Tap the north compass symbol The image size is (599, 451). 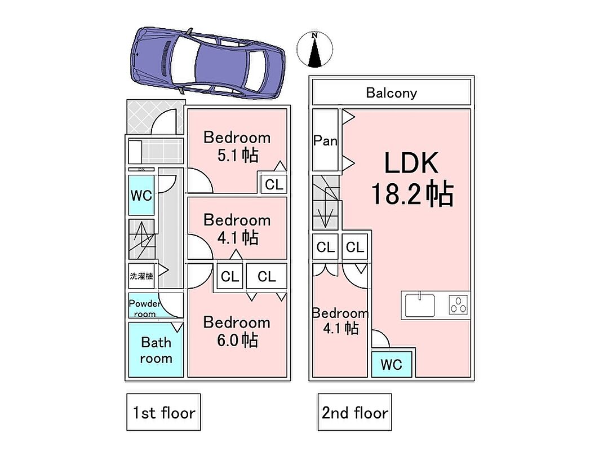(x=315, y=49)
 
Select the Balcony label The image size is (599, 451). (x=391, y=92)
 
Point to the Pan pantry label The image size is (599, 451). (x=325, y=140)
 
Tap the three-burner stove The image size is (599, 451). (x=459, y=305)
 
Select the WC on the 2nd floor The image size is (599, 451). (x=392, y=364)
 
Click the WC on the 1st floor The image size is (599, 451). (x=141, y=195)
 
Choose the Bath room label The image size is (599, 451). (x=156, y=350)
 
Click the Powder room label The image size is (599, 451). (x=144, y=308)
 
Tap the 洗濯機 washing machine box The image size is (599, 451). (x=141, y=276)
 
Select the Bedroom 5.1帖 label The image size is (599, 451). (x=237, y=146)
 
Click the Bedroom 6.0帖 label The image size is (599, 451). (x=237, y=331)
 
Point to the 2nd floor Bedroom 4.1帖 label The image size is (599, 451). (x=340, y=320)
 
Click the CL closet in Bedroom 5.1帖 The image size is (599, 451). (x=274, y=184)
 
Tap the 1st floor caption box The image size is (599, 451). (x=163, y=413)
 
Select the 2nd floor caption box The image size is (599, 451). (x=354, y=413)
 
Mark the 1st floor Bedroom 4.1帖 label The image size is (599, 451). (x=237, y=228)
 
